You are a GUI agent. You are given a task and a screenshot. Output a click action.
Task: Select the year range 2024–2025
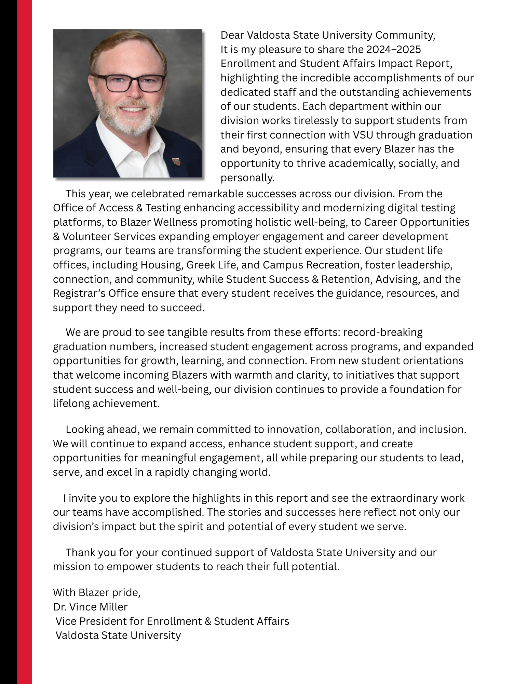(393, 50)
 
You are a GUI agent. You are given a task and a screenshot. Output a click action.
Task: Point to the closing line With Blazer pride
(97, 593)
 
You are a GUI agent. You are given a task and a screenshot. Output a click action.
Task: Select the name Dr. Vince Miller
(90, 607)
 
